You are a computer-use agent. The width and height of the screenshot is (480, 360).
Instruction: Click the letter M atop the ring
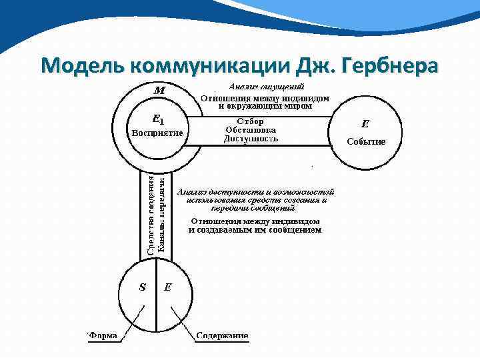(x=160, y=89)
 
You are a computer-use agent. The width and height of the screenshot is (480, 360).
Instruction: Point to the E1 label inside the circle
(x=158, y=120)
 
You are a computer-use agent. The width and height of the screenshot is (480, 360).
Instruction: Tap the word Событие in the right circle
(x=365, y=141)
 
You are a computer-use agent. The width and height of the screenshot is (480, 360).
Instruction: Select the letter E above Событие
(x=365, y=123)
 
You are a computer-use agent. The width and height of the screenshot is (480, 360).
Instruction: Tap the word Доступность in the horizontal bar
(x=251, y=139)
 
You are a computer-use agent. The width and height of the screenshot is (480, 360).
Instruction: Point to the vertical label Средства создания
(x=151, y=215)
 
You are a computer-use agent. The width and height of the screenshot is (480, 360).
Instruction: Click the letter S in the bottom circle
(x=142, y=288)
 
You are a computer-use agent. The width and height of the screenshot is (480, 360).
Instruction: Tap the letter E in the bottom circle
(x=168, y=288)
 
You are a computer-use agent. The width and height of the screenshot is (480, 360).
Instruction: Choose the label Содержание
(x=223, y=335)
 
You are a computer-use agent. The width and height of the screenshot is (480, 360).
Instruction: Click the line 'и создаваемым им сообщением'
(x=255, y=230)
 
